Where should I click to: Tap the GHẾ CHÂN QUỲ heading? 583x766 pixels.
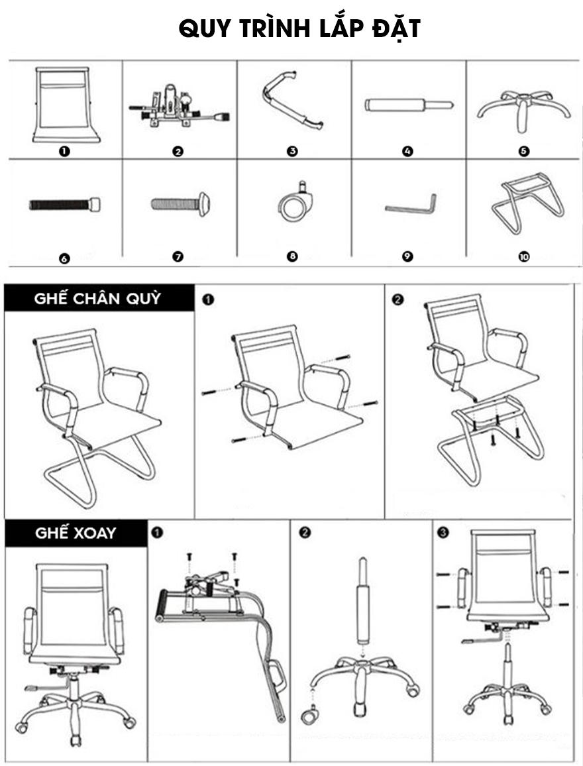click(x=97, y=298)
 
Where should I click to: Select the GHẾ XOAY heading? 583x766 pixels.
click(x=76, y=533)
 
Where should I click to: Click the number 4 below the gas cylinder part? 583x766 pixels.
click(x=407, y=151)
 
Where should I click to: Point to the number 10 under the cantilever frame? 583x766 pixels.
click(x=524, y=256)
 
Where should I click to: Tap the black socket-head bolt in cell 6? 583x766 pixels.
click(x=65, y=203)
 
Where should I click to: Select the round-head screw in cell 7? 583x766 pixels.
click(x=181, y=203)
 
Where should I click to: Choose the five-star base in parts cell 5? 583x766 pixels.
click(x=523, y=110)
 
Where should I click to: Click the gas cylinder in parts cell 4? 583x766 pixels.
click(x=409, y=105)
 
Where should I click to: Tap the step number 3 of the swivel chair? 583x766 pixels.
click(x=443, y=533)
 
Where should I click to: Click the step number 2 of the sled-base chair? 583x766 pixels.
click(x=398, y=300)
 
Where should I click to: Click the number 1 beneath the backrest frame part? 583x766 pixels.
click(x=64, y=151)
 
